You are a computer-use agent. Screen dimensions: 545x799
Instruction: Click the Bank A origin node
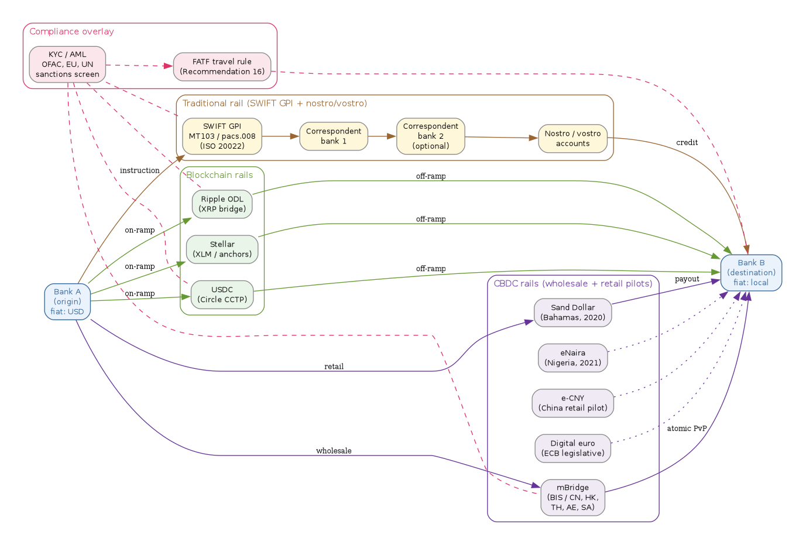[x=67, y=301]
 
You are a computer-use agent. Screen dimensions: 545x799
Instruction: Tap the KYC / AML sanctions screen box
[x=67, y=64]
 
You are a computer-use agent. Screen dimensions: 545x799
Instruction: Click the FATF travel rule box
[x=222, y=67]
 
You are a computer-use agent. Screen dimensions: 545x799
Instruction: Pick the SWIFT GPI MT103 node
[x=222, y=136]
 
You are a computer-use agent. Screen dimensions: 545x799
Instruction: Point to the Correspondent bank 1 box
[x=334, y=136]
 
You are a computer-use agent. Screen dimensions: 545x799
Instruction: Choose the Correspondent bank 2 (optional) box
[x=430, y=136]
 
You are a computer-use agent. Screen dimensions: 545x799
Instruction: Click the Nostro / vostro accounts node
[x=572, y=138]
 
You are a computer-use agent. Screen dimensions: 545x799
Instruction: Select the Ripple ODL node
[x=222, y=204]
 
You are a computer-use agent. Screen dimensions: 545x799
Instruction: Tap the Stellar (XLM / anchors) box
[x=222, y=249]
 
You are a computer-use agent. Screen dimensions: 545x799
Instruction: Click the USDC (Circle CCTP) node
[x=222, y=294]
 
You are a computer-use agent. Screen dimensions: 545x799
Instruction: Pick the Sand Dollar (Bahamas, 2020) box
[x=572, y=313]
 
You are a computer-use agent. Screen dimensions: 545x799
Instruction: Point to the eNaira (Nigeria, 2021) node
[x=572, y=358]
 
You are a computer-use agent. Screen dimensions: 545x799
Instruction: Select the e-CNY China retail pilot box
[x=572, y=403]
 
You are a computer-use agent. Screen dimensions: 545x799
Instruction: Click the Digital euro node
[x=572, y=448]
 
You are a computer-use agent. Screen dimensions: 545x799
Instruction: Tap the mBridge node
[x=572, y=498]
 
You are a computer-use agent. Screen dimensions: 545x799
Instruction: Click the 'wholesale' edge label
[x=334, y=451]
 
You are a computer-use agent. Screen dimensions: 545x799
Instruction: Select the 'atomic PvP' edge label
[x=687, y=429]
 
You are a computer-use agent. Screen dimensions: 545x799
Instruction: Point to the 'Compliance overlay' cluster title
[x=71, y=32]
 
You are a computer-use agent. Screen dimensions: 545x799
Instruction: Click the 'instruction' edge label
[x=139, y=170]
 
